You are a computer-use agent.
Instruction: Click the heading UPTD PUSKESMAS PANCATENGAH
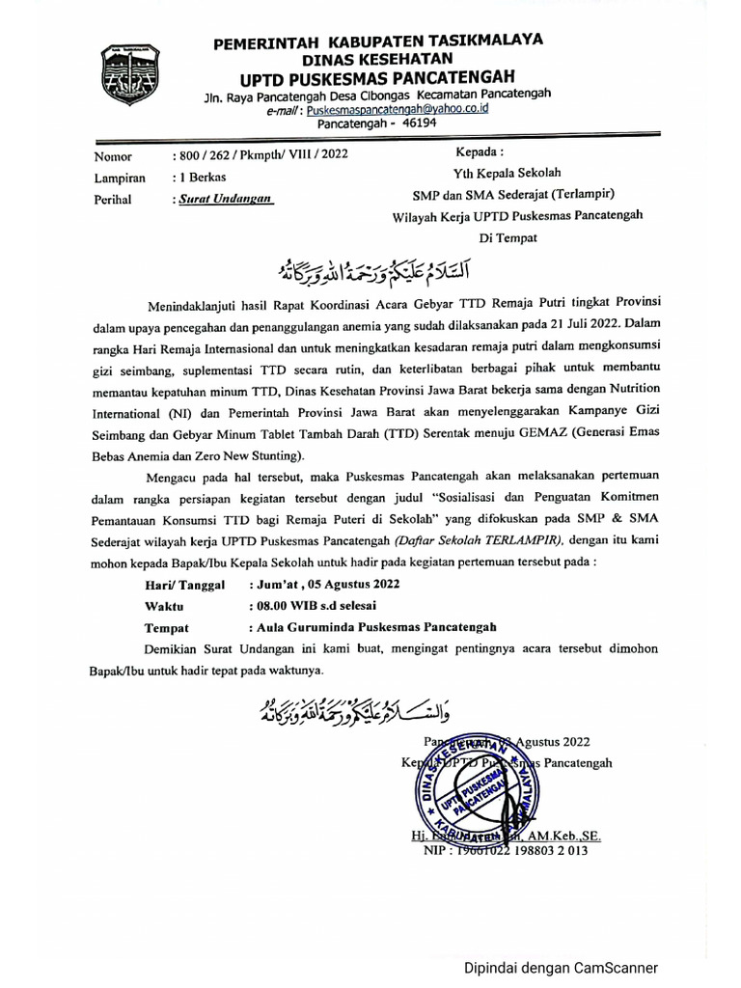377,76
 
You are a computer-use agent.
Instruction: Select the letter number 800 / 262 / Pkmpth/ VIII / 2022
259,154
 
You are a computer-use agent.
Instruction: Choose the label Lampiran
119,177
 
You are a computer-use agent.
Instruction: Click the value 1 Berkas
198,177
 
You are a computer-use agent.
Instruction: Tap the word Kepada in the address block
479,152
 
